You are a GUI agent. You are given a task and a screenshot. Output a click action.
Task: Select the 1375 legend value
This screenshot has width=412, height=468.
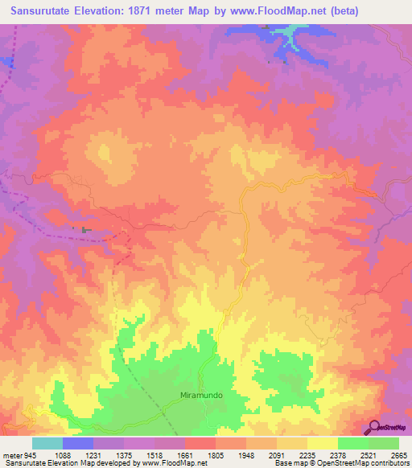(x=124, y=456)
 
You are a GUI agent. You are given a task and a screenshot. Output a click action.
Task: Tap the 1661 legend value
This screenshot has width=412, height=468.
(x=185, y=456)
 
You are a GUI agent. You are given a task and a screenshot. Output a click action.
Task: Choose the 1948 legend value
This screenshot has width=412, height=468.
(x=246, y=456)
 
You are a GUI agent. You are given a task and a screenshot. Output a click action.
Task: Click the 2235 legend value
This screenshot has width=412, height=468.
(x=307, y=456)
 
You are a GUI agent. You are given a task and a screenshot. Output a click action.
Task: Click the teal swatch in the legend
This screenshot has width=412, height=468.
(x=47, y=443)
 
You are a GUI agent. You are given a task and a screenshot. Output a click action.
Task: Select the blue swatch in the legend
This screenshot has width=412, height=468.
(x=77, y=443)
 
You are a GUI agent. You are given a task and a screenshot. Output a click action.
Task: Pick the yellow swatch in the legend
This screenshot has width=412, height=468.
(x=322, y=443)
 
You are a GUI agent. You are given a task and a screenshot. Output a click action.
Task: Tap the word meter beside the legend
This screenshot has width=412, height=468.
(x=11, y=456)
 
